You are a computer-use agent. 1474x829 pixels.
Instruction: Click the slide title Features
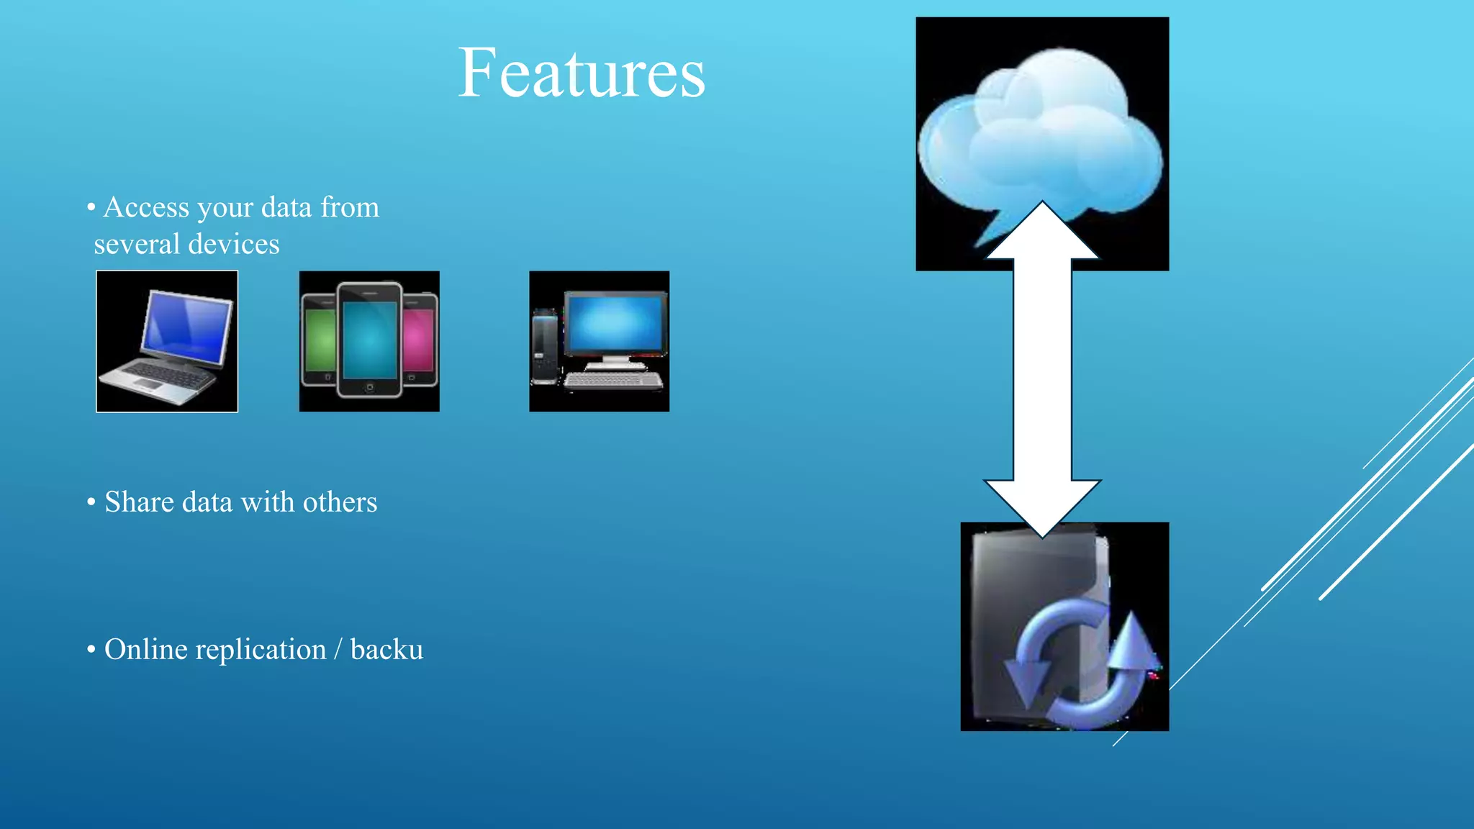(582, 73)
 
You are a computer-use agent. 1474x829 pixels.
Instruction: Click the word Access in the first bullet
(147, 207)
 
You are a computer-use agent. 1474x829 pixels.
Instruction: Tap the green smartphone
(320, 341)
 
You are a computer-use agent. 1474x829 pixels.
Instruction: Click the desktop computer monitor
(615, 323)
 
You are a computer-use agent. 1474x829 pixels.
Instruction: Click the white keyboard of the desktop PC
(612, 381)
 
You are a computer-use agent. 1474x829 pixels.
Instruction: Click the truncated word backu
(386, 650)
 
